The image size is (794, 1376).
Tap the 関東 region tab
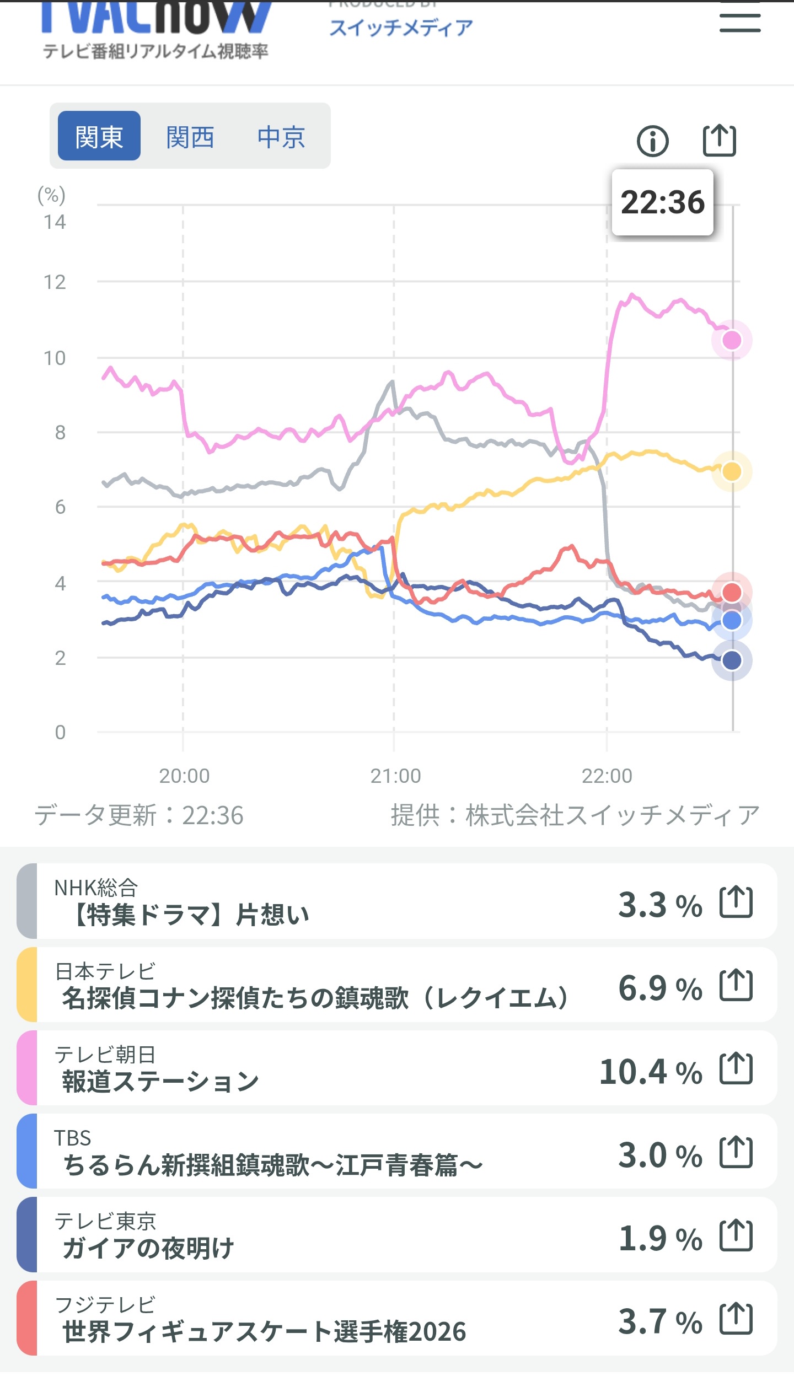coord(99,136)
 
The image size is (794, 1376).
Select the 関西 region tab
coord(190,137)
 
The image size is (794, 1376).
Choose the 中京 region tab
coord(281,137)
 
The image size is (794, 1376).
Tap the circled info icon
coord(653,141)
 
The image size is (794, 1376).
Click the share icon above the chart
coord(720,141)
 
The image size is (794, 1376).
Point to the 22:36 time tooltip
coord(663,202)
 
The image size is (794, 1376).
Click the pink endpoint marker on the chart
coord(732,340)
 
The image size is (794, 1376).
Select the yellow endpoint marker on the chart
coord(732,471)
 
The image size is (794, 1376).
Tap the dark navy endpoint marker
coord(732,660)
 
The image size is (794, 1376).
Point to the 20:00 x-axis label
coord(184,776)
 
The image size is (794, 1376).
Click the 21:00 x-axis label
coord(395,776)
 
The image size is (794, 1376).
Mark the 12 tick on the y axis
coord(55,282)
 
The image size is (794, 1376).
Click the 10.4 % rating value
coord(651,1072)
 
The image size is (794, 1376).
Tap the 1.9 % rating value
coord(661,1238)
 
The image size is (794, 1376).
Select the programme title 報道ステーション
coord(160,1082)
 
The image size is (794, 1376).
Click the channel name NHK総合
coord(96,888)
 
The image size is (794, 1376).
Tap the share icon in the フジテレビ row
coord(736,1319)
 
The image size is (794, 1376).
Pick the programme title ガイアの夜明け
coord(148,1248)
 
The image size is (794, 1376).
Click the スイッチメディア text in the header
coord(401,28)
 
